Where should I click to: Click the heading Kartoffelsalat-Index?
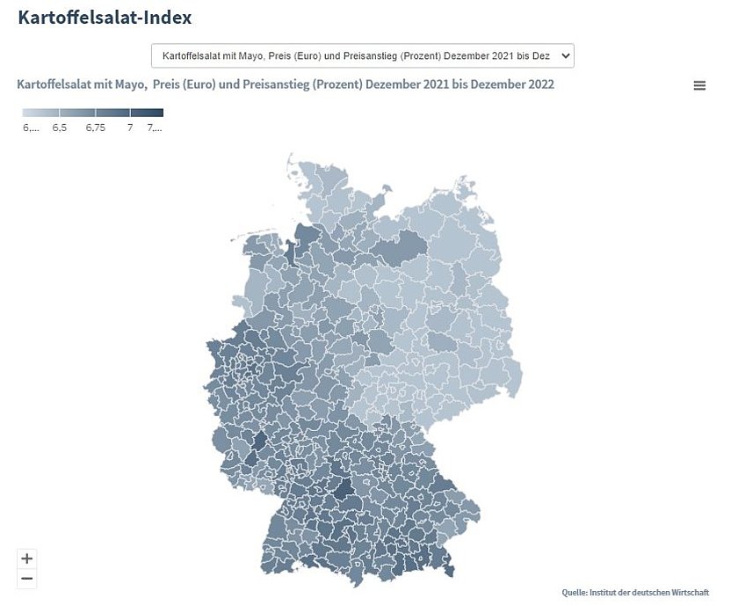[105, 17]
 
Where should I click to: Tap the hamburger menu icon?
[699, 85]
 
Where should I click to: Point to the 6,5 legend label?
[59, 128]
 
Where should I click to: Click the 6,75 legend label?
[95, 128]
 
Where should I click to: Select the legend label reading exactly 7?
[130, 128]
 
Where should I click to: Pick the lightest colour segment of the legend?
[40, 112]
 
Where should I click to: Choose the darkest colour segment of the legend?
[147, 112]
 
